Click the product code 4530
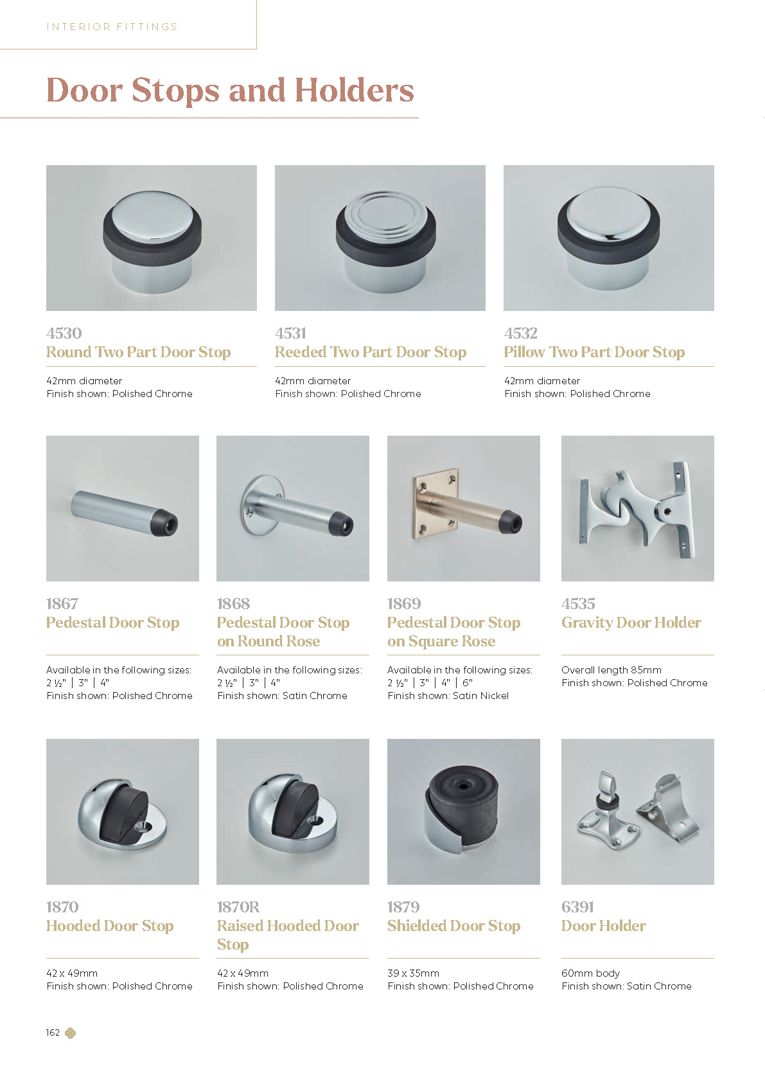point(64,333)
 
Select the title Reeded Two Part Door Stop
point(371,352)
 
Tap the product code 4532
point(521,333)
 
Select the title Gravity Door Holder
point(631,623)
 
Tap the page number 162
point(53,1033)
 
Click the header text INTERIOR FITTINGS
point(112,26)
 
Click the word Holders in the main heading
point(355,91)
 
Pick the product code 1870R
point(238,907)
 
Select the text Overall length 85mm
point(611,670)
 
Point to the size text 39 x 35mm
point(414,973)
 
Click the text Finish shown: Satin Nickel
point(448,696)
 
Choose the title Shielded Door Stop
point(454,926)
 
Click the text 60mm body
point(591,973)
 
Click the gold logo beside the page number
point(71,1033)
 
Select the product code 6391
point(577,907)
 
